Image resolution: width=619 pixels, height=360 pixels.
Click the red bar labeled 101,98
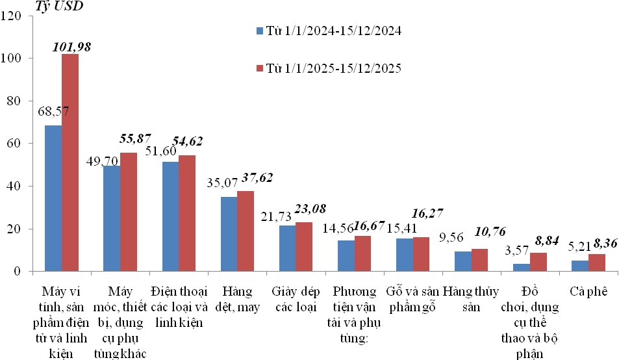(69, 162)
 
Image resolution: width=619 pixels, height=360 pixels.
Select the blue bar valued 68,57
(53, 198)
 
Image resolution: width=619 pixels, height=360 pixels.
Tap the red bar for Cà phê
(597, 263)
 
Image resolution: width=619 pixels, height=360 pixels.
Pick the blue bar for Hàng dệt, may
(229, 234)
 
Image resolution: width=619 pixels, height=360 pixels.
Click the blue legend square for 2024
(260, 31)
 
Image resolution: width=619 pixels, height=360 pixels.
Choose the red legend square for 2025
(260, 68)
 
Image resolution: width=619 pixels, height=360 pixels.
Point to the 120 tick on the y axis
(14, 16)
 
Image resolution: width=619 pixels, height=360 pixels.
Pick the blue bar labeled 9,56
(463, 261)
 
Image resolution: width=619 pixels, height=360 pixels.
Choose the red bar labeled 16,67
(362, 253)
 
